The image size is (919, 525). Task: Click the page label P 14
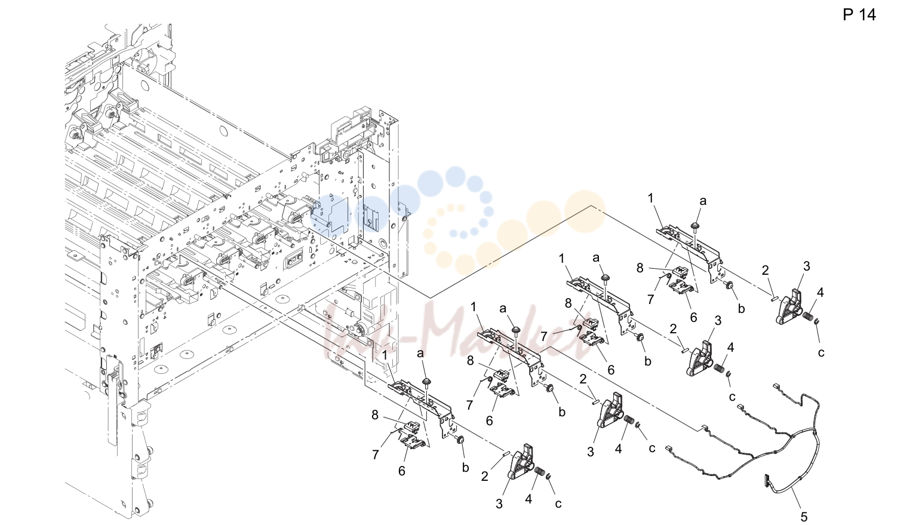[x=859, y=15]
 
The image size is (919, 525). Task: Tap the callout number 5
[x=804, y=517]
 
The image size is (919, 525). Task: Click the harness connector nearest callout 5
[x=766, y=481]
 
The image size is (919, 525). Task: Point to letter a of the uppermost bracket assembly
[x=703, y=201]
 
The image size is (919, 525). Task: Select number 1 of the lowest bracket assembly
[x=385, y=355]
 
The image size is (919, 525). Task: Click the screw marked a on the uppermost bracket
[x=695, y=226]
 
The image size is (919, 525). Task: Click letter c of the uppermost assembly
[x=821, y=352]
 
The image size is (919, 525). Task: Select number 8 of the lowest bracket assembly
[x=375, y=416]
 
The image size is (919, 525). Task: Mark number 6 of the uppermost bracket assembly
[x=693, y=317]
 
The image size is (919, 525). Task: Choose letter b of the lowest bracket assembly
[x=465, y=468]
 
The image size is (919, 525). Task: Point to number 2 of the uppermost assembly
[x=765, y=271]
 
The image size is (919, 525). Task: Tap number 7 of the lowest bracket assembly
[x=376, y=455]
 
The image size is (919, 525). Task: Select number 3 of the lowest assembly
[x=499, y=504]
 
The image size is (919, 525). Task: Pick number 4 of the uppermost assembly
[x=820, y=293]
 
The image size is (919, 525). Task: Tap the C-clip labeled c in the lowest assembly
[x=549, y=476]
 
